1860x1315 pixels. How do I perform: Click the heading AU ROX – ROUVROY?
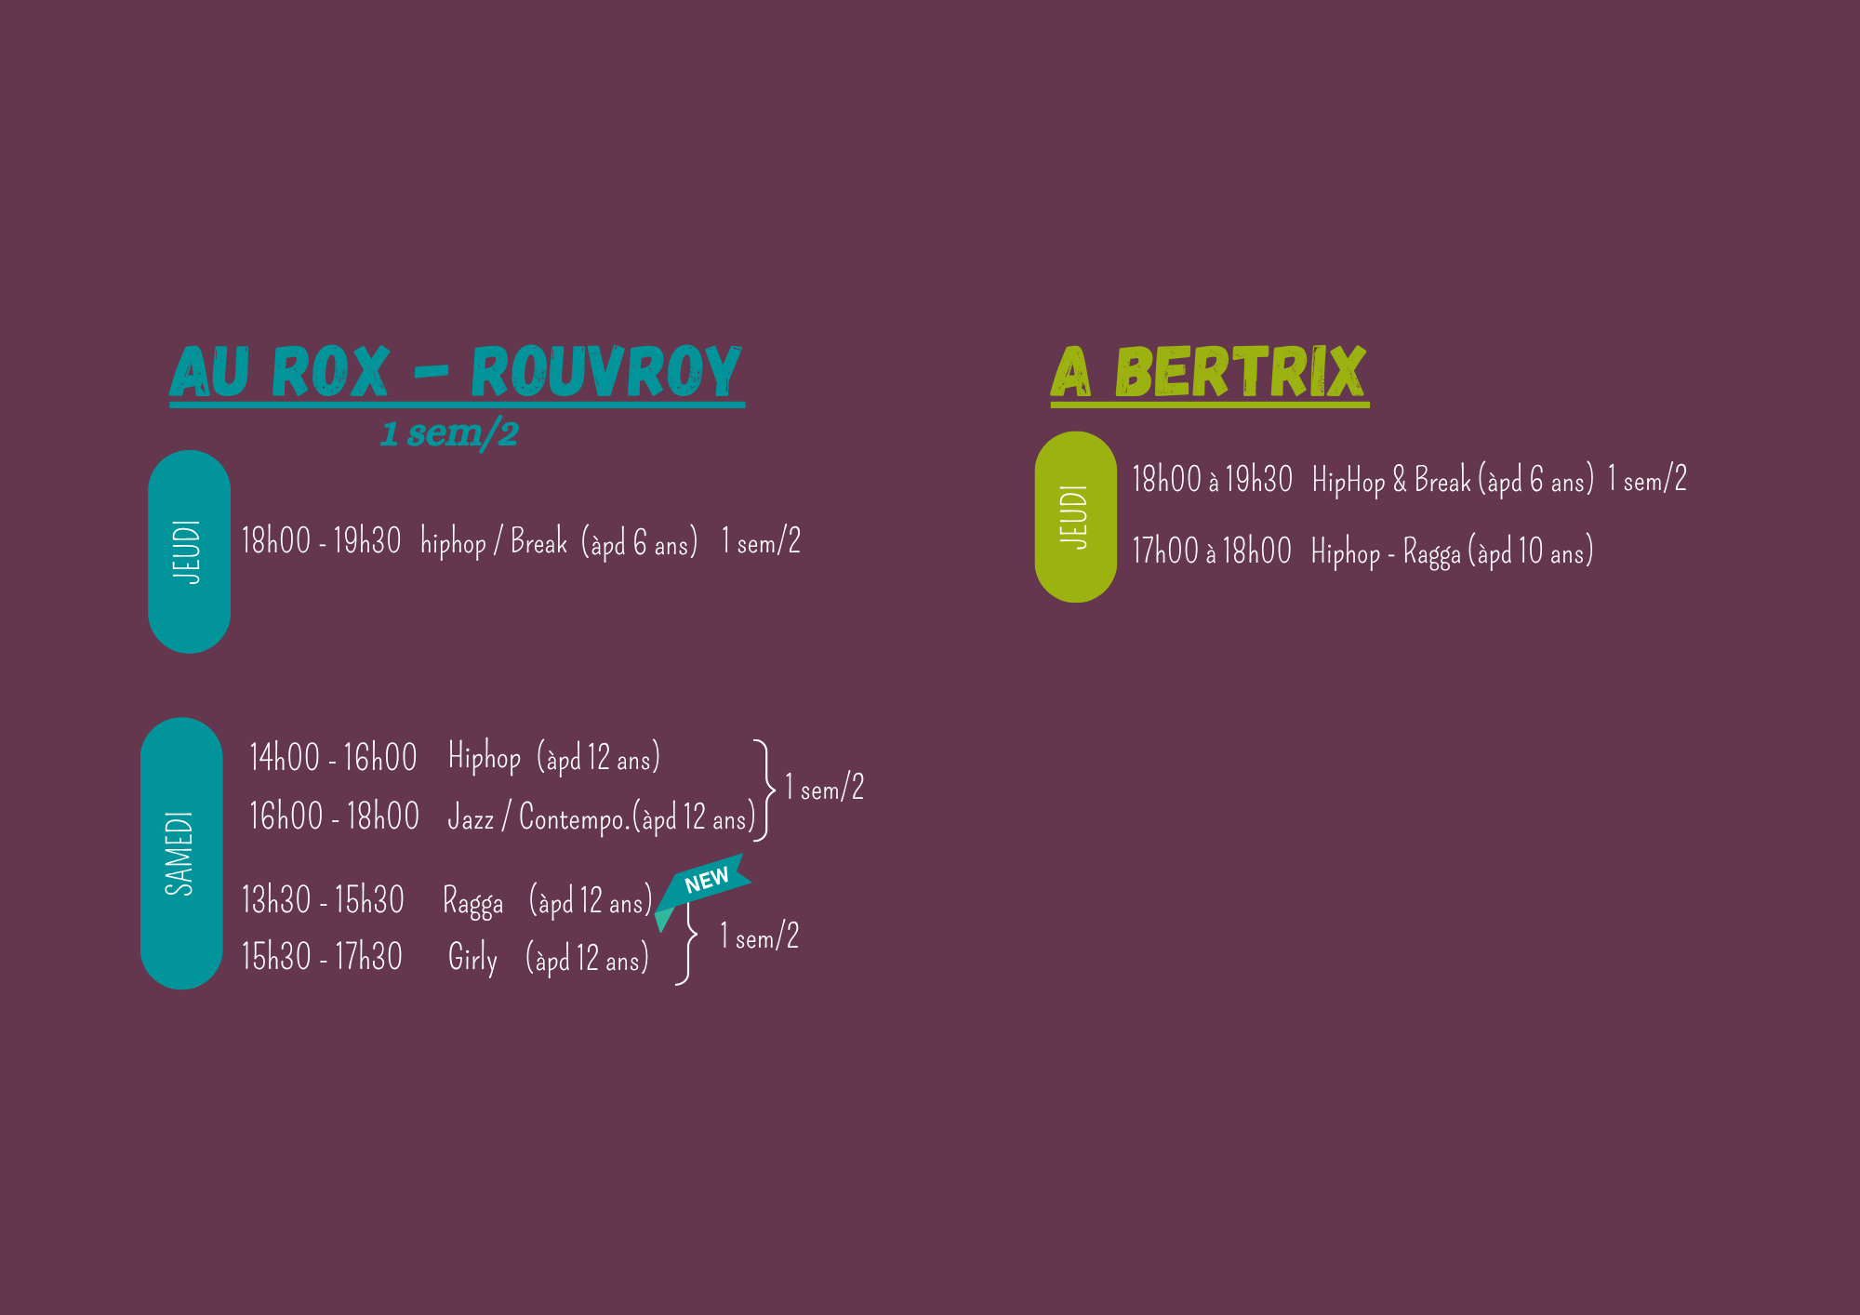click(456, 372)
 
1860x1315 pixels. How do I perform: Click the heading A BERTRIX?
click(1209, 372)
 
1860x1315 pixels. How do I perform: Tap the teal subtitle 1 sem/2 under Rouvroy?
click(449, 433)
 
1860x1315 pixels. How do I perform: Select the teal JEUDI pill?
click(189, 551)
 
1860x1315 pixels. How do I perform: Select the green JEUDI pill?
click(1075, 517)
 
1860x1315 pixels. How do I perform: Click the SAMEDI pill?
click(181, 853)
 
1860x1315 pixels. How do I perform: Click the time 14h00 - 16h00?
click(333, 758)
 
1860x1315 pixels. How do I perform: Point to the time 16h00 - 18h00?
click(334, 817)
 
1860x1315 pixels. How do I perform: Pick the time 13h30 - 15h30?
click(323, 900)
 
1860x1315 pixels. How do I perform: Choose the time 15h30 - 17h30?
click(322, 957)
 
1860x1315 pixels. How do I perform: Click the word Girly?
click(472, 958)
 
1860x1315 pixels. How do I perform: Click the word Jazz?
click(471, 818)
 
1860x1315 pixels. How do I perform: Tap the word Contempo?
click(573, 818)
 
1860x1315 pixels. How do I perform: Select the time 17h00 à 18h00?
click(1211, 551)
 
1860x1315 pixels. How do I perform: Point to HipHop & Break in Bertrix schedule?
click(1391, 481)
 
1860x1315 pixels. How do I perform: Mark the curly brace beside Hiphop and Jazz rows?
click(764, 790)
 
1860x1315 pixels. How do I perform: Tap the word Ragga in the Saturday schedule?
click(472, 902)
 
